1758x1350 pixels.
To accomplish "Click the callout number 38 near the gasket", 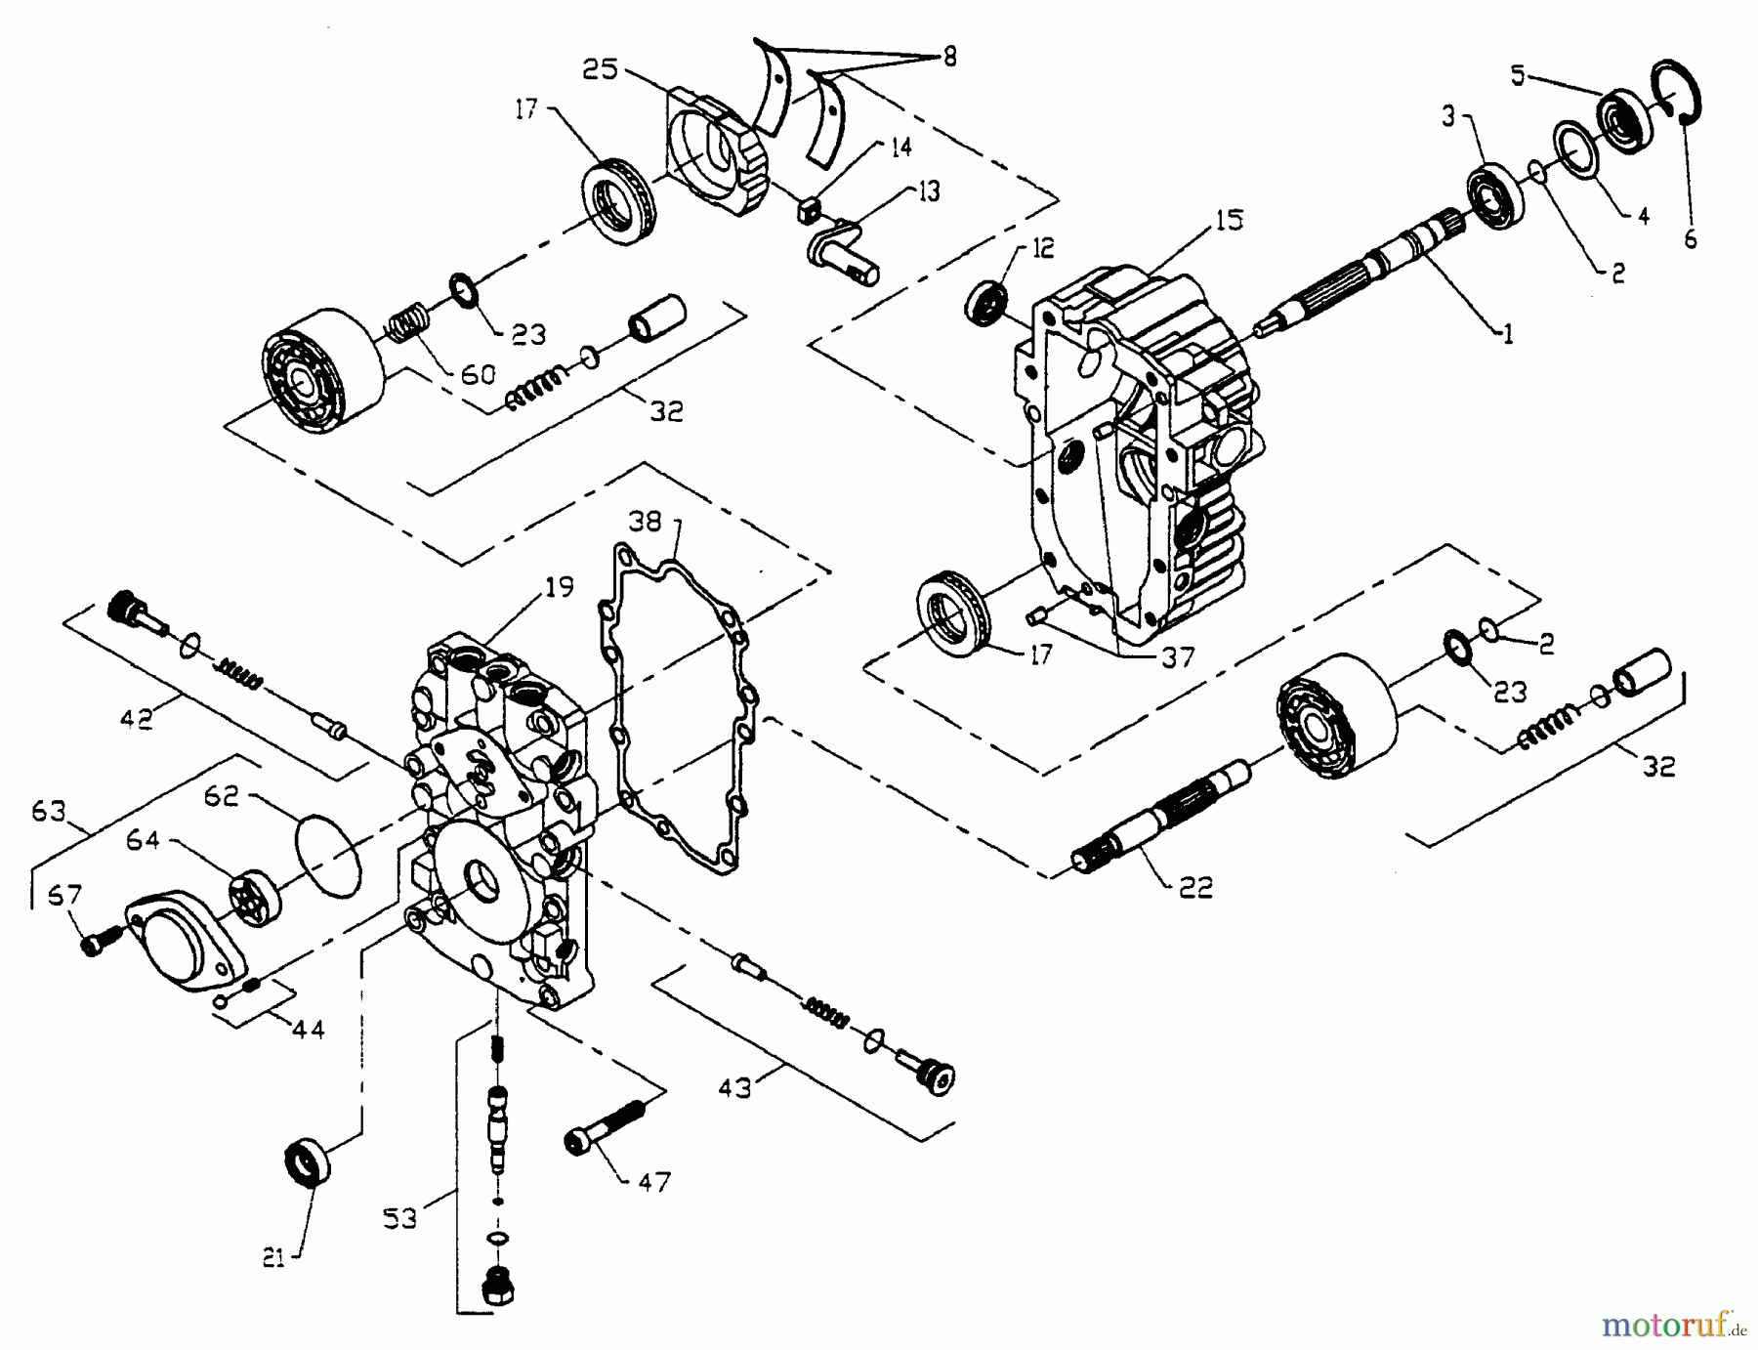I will pyautogui.click(x=645, y=522).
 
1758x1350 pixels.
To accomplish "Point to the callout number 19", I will pyautogui.click(x=559, y=587).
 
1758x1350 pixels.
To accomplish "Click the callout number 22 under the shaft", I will pyautogui.click(x=1195, y=887).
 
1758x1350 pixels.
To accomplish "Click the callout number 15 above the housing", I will pyautogui.click(x=1229, y=222).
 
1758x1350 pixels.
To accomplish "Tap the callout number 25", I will pyautogui.click(x=601, y=69).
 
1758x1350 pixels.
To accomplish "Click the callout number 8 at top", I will pyautogui.click(x=948, y=57).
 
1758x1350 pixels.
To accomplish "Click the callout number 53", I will pyautogui.click(x=399, y=1218).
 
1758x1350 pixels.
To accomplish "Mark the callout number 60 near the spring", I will pyautogui.click(x=478, y=374).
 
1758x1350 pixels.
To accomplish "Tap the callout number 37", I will pyautogui.click(x=1178, y=657).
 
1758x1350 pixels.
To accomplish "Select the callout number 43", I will pyautogui.click(x=734, y=1086).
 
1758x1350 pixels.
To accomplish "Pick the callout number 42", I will pyautogui.click(x=136, y=719).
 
